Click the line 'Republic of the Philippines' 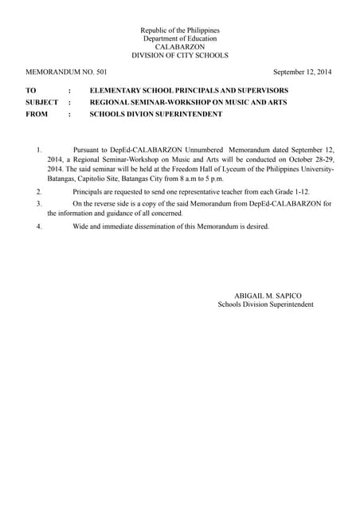click(x=180, y=30)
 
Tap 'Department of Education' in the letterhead click(x=180, y=39)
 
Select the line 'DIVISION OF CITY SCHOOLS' click(x=180, y=56)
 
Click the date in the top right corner click(x=303, y=73)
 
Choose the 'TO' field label click(x=31, y=91)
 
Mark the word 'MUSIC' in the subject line click(x=225, y=103)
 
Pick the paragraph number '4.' click(x=39, y=226)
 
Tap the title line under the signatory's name click(x=265, y=305)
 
